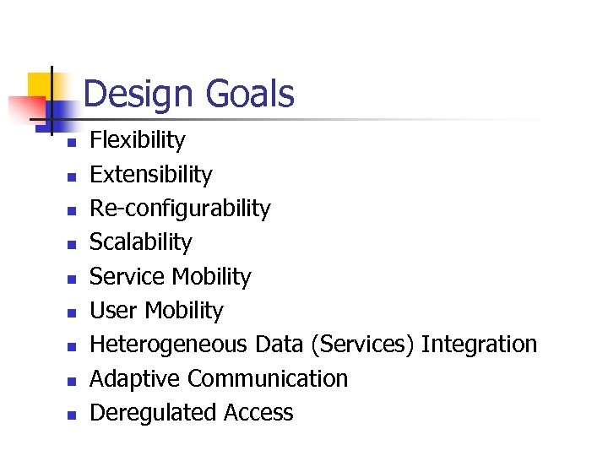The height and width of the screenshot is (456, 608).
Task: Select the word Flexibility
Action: [x=137, y=140]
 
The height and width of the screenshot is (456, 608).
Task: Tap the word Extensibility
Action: [x=150, y=174]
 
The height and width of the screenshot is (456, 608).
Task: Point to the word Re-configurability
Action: [x=180, y=209]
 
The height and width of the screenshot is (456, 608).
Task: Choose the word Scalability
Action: [x=140, y=242]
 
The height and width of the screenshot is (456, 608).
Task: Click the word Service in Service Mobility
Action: [x=127, y=276]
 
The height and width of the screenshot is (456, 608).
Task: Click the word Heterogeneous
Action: [x=168, y=345]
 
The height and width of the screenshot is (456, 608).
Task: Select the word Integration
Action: [x=479, y=345]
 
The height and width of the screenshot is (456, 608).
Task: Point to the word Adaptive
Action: [x=135, y=378]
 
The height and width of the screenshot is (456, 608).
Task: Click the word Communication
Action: [x=268, y=378]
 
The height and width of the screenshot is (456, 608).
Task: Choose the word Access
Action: [x=258, y=412]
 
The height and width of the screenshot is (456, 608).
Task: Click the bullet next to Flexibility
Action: [x=73, y=143]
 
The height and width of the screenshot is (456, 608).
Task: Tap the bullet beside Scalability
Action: [x=73, y=245]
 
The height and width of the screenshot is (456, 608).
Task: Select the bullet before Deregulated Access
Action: [x=73, y=415]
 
